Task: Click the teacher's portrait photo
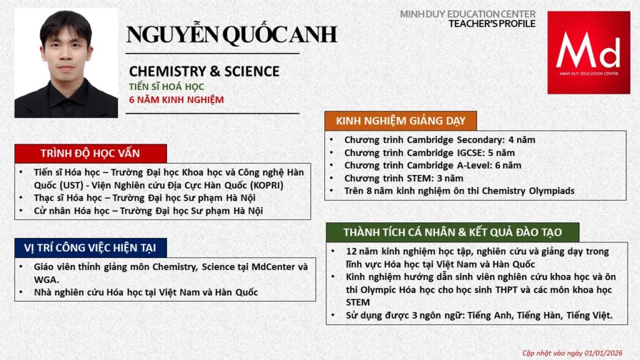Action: click(x=66, y=63)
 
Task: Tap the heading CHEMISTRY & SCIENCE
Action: click(x=204, y=71)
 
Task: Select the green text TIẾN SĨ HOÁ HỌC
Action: click(x=166, y=87)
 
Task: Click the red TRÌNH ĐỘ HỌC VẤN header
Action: click(x=91, y=154)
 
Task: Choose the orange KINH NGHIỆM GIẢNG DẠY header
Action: click(x=400, y=121)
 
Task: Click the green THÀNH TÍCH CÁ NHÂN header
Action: click(x=452, y=232)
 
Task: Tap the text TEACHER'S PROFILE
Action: click(x=492, y=24)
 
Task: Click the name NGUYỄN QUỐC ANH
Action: click(x=231, y=34)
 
